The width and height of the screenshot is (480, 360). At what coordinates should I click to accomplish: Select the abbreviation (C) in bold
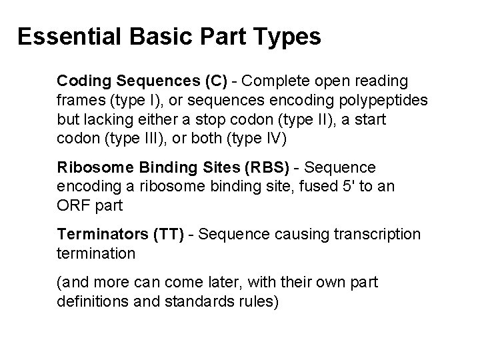click(213, 81)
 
